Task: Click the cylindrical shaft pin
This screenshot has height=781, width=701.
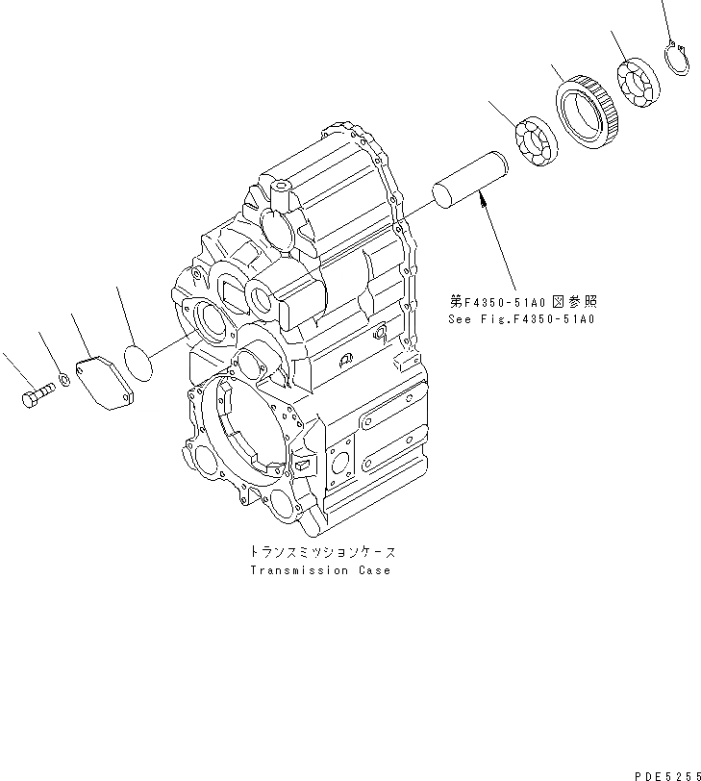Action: [470, 177]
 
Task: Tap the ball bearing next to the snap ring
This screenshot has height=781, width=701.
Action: [637, 83]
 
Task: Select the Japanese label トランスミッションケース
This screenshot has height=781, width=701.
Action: [321, 553]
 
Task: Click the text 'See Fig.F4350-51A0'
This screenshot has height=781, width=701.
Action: [521, 318]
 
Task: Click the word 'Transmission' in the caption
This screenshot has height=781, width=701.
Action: [298, 570]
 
